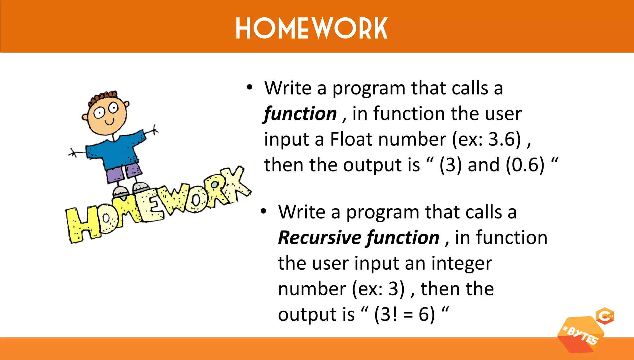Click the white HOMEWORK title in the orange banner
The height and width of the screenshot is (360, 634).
point(311,28)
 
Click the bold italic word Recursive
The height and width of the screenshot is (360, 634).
point(319,238)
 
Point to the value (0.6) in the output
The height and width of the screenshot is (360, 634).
point(525,165)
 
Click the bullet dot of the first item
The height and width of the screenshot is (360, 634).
point(250,87)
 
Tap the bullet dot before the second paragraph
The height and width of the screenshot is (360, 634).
point(263,211)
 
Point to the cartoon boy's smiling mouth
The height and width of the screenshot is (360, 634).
point(109,122)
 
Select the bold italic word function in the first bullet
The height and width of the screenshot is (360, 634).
point(300,114)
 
